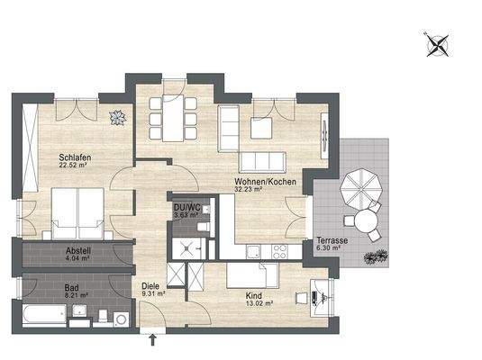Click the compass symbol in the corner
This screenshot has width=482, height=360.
click(x=437, y=42)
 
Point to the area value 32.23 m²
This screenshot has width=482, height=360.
click(x=249, y=189)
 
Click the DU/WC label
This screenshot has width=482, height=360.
click(x=185, y=206)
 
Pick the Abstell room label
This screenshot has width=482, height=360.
click(x=78, y=251)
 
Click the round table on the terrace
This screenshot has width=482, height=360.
click(x=365, y=221)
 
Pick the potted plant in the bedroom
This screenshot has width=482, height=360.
click(x=116, y=117)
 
